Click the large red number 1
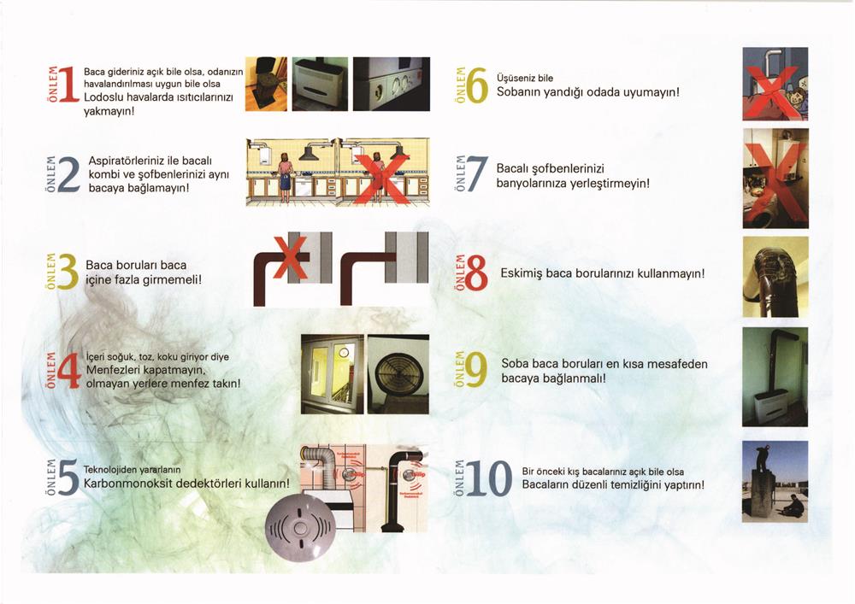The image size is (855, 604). [x=68, y=85]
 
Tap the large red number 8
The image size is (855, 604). [x=476, y=273]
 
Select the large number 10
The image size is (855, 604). [x=490, y=478]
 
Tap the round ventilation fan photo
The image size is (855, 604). [x=398, y=374]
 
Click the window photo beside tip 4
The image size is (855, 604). [x=332, y=374]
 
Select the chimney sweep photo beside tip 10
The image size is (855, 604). [x=775, y=482]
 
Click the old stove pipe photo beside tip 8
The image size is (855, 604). [x=775, y=277]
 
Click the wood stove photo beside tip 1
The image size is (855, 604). [x=266, y=84]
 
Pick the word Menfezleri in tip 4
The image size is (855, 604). [x=110, y=371]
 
